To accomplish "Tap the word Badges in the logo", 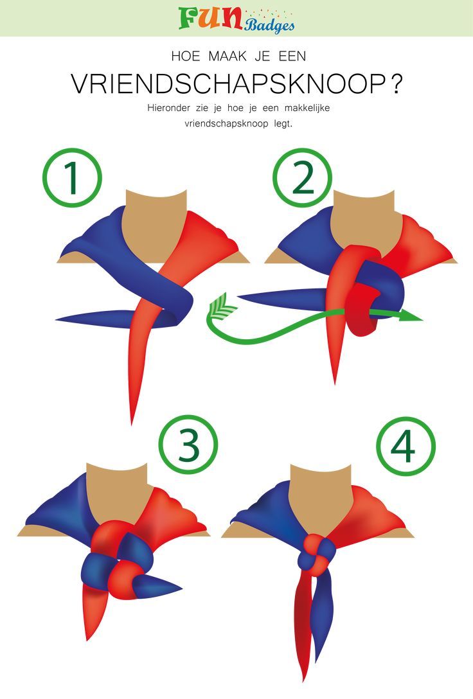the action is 269,25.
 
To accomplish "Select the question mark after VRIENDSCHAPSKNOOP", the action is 395,84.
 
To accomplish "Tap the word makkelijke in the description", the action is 307,108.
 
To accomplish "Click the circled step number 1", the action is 72,177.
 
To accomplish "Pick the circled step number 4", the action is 406,447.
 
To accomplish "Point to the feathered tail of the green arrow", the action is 222,305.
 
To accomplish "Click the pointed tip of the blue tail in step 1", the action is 57,320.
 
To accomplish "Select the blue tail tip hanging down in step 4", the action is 317,659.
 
